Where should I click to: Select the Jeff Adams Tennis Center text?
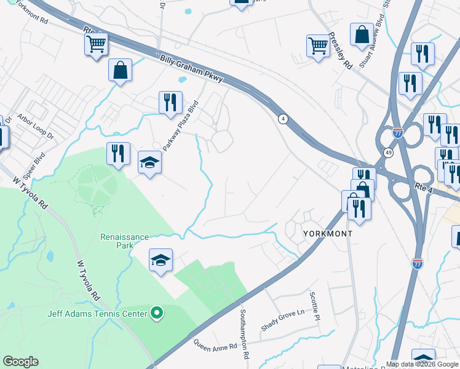(98, 314)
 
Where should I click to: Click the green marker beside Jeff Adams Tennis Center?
(157, 314)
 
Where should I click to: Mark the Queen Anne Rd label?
(215, 344)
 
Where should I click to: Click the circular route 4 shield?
(283, 119)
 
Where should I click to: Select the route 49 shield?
(388, 152)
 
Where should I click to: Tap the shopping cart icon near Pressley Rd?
(318, 44)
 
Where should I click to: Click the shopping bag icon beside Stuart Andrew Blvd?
(362, 34)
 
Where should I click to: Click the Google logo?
(20, 362)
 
